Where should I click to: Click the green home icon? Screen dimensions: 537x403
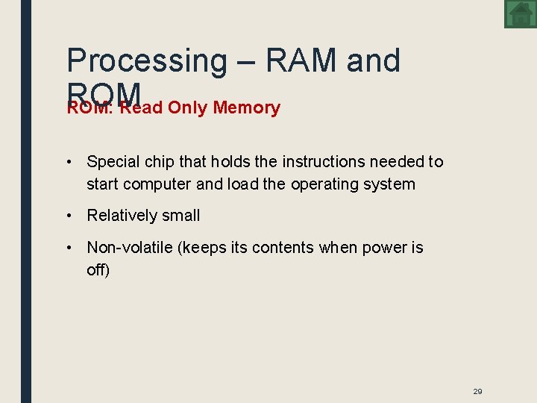520,14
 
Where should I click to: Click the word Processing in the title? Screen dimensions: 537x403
146,61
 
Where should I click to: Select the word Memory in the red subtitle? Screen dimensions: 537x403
246,108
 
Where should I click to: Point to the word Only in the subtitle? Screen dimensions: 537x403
187,108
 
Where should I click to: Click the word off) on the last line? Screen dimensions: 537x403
98,269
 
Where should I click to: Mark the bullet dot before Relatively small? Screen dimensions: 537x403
68,216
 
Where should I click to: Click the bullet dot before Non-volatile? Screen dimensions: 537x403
68,248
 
